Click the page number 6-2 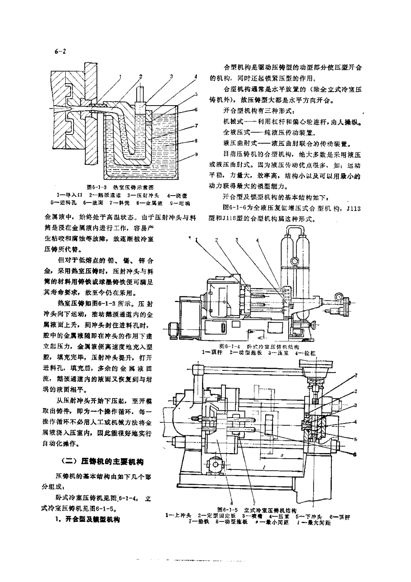[x=60, y=51]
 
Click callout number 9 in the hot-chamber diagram [x=196, y=154]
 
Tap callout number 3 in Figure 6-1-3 [x=171, y=76]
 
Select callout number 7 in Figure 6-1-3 [x=196, y=126]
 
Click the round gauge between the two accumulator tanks [x=295, y=260]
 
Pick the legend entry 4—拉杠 [x=307, y=353]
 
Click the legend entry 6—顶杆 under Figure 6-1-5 [x=340, y=516]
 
